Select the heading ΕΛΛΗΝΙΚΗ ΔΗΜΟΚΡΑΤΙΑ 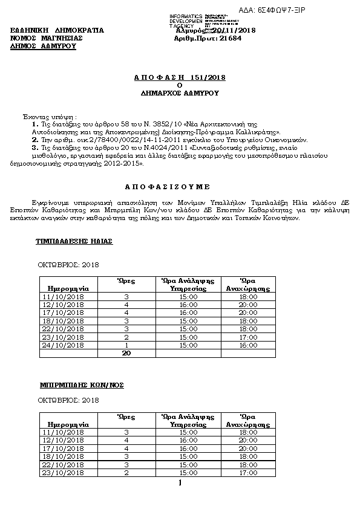(x=57, y=30)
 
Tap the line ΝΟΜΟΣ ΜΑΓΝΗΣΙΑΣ (x=47, y=37)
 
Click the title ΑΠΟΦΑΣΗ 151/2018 (x=179, y=78)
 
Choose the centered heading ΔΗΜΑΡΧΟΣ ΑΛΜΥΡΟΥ (x=179, y=94)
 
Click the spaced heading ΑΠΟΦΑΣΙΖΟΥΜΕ (x=179, y=187)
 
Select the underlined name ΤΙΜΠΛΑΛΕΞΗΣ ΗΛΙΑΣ (x=75, y=241)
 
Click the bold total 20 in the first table (x=127, y=353)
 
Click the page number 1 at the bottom (x=180, y=483)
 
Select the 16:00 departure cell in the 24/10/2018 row (x=249, y=345)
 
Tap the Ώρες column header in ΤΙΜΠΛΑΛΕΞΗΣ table (x=126, y=280)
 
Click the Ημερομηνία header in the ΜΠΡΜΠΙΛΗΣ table (x=68, y=424)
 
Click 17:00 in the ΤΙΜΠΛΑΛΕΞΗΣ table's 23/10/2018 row (x=249, y=337)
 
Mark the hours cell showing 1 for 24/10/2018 (x=126, y=345)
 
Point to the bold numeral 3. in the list (x=35, y=147)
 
